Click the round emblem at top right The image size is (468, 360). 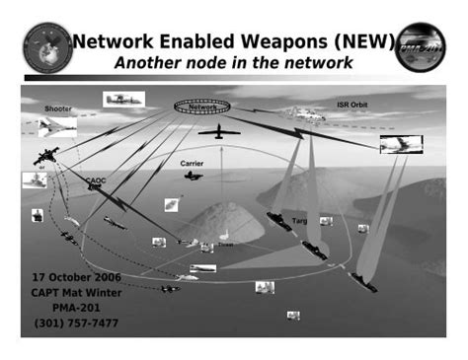(x=421, y=45)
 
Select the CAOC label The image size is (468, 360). (x=96, y=181)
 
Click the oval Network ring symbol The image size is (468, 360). (x=202, y=105)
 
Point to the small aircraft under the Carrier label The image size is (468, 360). (x=193, y=176)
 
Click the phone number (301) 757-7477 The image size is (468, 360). (x=74, y=323)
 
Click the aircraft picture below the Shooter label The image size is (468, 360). (x=57, y=125)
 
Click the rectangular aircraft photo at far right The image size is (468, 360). (x=401, y=144)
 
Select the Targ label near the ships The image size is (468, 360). (x=300, y=221)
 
